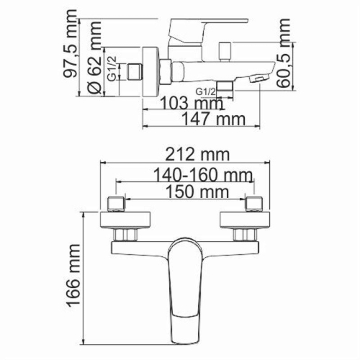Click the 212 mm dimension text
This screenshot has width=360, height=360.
[191, 154]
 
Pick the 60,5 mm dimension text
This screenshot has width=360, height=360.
[287, 63]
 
